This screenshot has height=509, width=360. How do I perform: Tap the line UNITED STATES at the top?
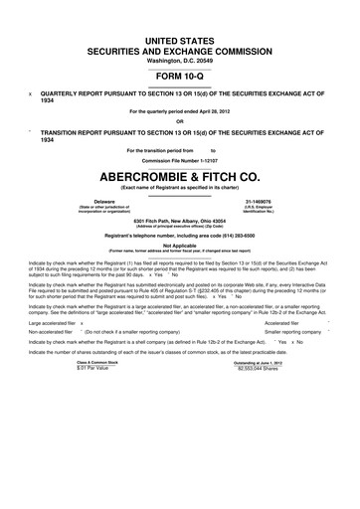pyautogui.click(x=179, y=35)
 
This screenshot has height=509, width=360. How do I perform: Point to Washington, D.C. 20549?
pyautogui.click(x=179, y=58)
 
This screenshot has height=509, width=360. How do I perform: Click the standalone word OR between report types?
pyautogui.click(x=179, y=122)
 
